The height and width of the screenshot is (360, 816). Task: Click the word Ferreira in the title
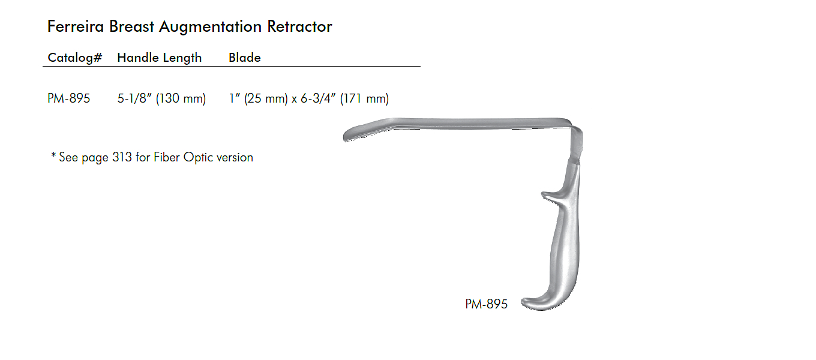[76, 26]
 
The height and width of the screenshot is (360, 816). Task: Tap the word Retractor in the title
[299, 26]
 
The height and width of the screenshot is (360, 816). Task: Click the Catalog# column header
[74, 58]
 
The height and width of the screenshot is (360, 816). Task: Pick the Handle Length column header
[159, 58]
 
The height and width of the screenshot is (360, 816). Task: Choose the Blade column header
[244, 58]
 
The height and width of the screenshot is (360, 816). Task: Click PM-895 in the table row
[68, 98]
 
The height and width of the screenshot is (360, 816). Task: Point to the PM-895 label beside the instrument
[486, 304]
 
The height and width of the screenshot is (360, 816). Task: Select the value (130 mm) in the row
[181, 98]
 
